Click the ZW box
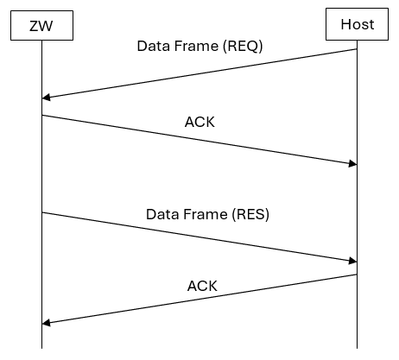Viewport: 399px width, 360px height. pyautogui.click(x=41, y=24)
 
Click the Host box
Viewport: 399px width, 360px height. pyautogui.click(x=357, y=24)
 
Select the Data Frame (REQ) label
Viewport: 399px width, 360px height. pyautogui.click(x=199, y=46)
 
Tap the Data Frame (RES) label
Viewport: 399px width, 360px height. pyautogui.click(x=207, y=214)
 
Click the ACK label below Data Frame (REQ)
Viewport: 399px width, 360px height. pyautogui.click(x=199, y=122)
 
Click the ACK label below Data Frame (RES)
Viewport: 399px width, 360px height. pyautogui.click(x=202, y=286)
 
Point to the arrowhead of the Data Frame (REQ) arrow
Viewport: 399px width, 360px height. pyautogui.click(x=45, y=98)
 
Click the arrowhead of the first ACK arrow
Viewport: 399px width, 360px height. pyautogui.click(x=353, y=164)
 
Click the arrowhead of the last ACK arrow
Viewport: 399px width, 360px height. pyautogui.click(x=45, y=323)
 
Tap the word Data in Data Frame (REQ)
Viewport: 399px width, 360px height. pyautogui.click(x=154, y=46)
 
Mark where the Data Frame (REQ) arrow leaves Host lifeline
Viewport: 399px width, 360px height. pyautogui.click(x=357, y=49)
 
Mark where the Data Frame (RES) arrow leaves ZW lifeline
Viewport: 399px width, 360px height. pyautogui.click(x=41, y=212)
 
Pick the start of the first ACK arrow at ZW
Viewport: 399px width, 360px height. pyautogui.click(x=41, y=115)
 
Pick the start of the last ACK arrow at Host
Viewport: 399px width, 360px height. pyautogui.click(x=357, y=275)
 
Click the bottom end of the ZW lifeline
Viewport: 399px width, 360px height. pyautogui.click(x=41, y=348)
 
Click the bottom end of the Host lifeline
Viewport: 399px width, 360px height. pyautogui.click(x=357, y=348)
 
